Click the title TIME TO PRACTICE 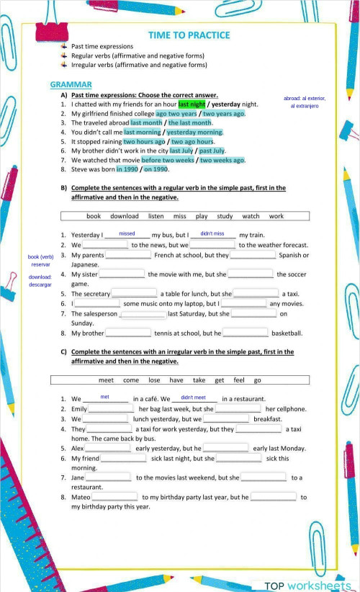point(189,35)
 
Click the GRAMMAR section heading point(71,85)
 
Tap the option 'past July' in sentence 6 point(212,151)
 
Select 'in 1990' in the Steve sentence point(127,170)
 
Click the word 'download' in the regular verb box point(124,216)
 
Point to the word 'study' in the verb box point(225,216)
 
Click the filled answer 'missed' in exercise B point(127,234)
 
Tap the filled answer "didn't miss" point(212,234)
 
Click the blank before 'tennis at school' point(127,333)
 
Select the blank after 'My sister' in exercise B point(121,274)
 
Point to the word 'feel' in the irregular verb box point(239,380)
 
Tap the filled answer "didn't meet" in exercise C point(194,398)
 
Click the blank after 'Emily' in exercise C point(111,408)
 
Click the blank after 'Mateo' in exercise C point(114,496)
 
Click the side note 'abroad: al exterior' point(305,99)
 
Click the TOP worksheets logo point(307,586)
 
